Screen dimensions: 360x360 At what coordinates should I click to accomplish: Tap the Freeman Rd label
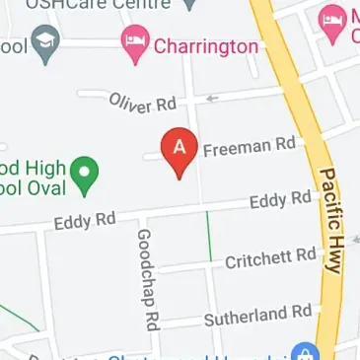tap(250, 148)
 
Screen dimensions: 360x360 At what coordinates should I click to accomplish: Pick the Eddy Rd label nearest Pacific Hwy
tap(280, 201)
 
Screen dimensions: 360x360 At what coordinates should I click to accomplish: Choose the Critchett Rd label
tap(270, 258)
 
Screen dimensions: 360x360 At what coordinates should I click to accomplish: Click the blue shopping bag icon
tap(304, 353)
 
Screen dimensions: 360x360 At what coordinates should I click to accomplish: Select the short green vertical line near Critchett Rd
tap(209, 236)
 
